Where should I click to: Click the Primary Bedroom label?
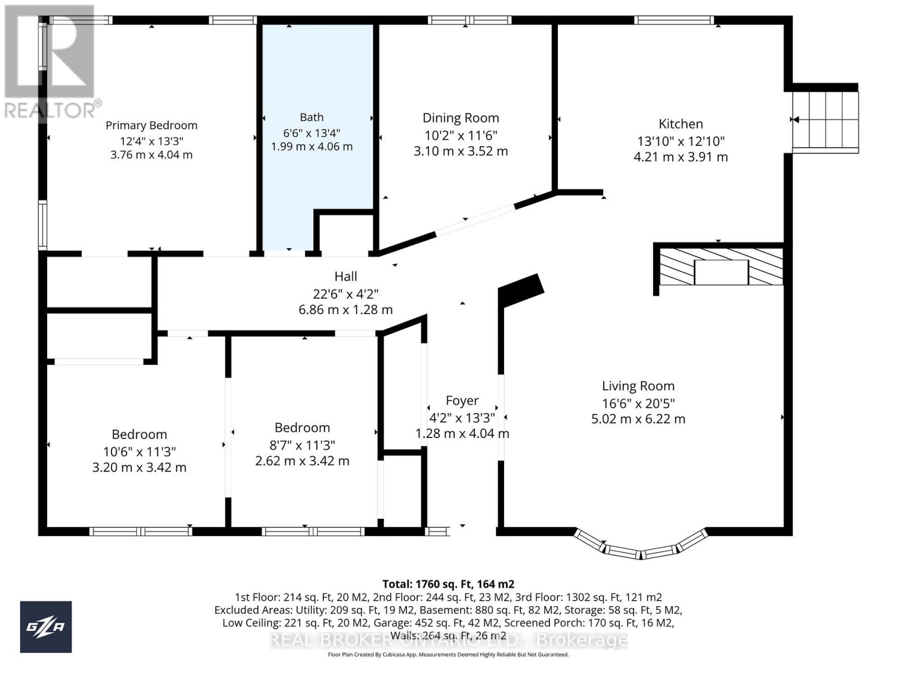pyautogui.click(x=151, y=126)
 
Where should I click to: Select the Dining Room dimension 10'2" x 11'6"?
pyautogui.click(x=460, y=135)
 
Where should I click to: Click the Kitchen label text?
pyautogui.click(x=681, y=124)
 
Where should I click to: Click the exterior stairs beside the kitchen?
pyautogui.click(x=825, y=121)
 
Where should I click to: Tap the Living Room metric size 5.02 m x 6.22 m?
pyautogui.click(x=638, y=419)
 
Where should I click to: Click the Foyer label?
pyautogui.click(x=462, y=400)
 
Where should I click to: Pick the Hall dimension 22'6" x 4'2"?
pyautogui.click(x=345, y=293)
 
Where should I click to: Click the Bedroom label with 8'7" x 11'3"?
pyautogui.click(x=302, y=428)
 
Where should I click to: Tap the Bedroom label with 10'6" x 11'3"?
pyautogui.click(x=139, y=435)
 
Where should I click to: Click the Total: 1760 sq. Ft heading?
pyautogui.click(x=448, y=584)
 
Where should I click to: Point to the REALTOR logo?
pyautogui.click(x=50, y=62)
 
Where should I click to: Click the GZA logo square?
pyautogui.click(x=46, y=627)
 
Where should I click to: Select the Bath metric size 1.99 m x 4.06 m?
pyautogui.click(x=312, y=147)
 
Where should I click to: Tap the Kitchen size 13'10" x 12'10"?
pyautogui.click(x=681, y=141)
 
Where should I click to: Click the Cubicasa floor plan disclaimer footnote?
pyautogui.click(x=448, y=654)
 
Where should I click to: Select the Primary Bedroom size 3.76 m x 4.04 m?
pyautogui.click(x=151, y=155)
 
